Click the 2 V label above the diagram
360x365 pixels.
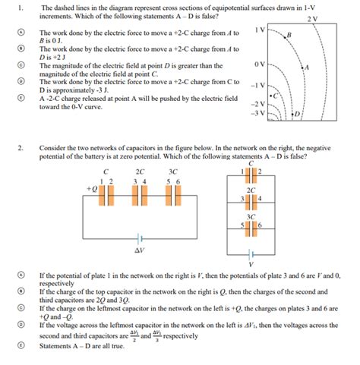[x=313, y=18]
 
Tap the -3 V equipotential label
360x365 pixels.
[x=257, y=114]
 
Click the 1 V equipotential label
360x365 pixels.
[x=259, y=30]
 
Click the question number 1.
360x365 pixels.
[x=22, y=8]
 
